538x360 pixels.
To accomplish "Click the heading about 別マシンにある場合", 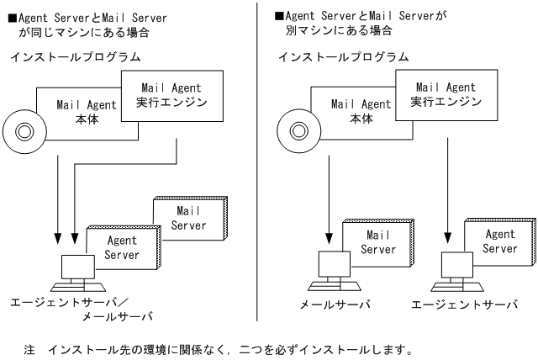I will (x=361, y=23).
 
